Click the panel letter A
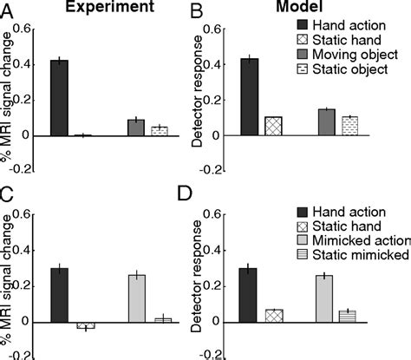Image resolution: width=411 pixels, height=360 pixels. coord(8,11)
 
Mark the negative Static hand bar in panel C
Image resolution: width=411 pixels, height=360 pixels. coord(84,325)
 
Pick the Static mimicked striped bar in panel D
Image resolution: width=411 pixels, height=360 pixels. coord(348,316)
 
